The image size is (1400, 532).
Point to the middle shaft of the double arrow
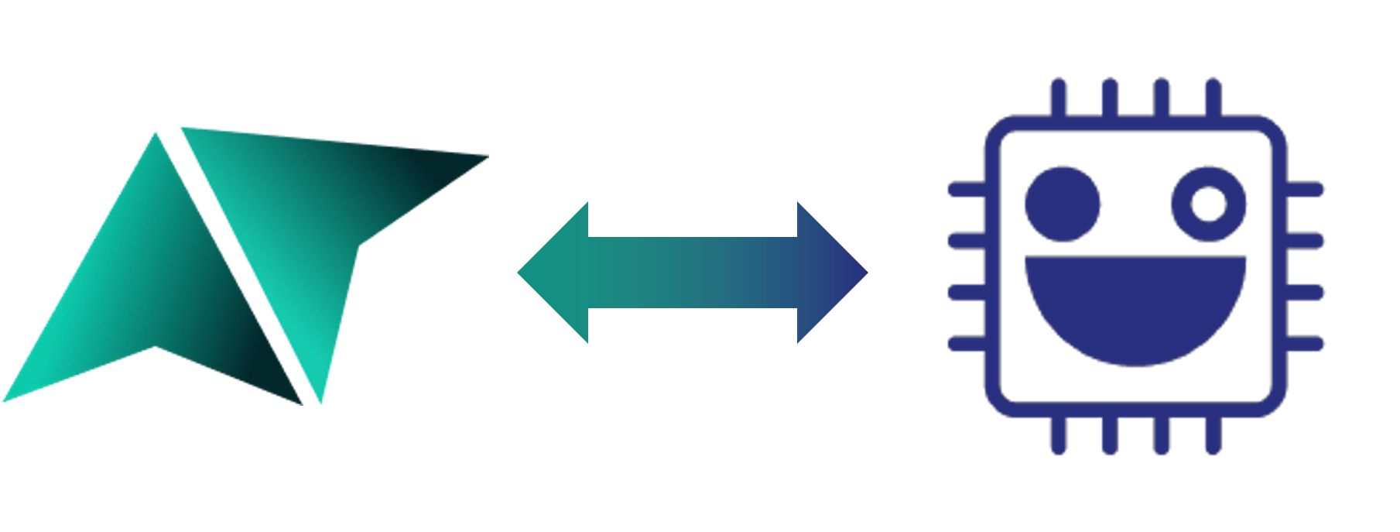coord(693,273)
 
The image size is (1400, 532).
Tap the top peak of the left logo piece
coord(156,136)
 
